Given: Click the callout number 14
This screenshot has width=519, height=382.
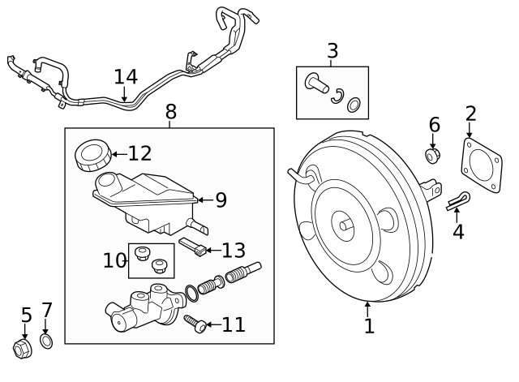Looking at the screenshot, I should click(x=126, y=77).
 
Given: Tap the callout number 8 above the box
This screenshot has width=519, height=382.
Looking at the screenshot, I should click(x=170, y=110).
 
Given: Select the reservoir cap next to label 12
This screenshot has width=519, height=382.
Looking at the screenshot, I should click(x=92, y=154).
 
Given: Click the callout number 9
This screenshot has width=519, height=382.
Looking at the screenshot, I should click(x=221, y=199).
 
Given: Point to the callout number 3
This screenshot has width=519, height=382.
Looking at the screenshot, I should click(x=332, y=50).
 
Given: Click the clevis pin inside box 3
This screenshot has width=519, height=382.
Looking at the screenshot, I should click(x=314, y=83).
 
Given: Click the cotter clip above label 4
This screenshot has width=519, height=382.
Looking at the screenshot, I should click(x=457, y=202).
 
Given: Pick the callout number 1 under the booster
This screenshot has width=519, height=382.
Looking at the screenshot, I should click(x=369, y=326).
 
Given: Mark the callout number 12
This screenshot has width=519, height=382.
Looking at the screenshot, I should click(x=139, y=153).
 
